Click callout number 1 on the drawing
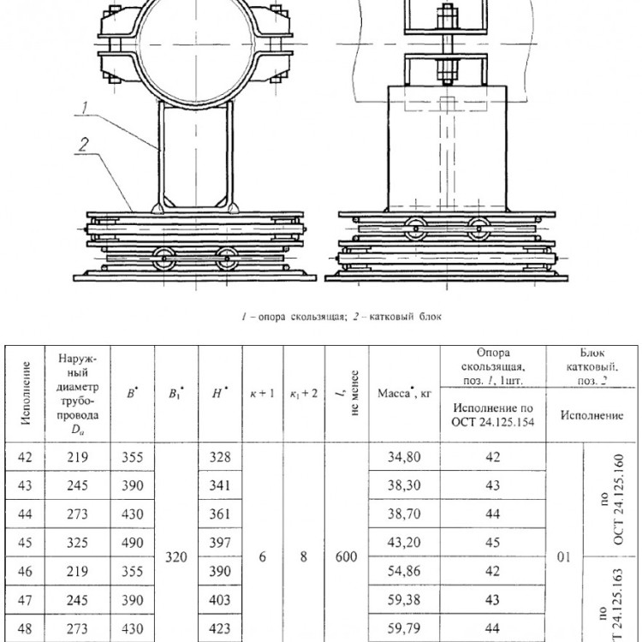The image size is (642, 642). (x=85, y=108)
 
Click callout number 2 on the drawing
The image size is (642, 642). (x=84, y=145)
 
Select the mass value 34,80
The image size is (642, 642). (x=404, y=456)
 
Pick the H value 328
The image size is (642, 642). (x=220, y=456)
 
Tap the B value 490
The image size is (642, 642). (x=132, y=543)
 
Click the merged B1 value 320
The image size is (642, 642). (x=176, y=557)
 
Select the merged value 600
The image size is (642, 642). (x=346, y=557)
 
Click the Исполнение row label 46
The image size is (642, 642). (x=25, y=571)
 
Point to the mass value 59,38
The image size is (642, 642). (x=404, y=600)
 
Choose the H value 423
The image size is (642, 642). (x=220, y=628)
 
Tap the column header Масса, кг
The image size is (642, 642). (x=404, y=394)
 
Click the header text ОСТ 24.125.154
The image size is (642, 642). (x=492, y=422)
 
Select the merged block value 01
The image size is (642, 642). (x=564, y=557)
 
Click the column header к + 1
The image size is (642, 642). (x=263, y=394)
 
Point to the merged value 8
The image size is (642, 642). (x=303, y=557)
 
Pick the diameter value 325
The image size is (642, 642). (x=77, y=543)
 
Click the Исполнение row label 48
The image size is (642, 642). (x=25, y=628)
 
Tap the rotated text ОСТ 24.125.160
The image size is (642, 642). (x=618, y=500)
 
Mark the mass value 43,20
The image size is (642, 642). (x=404, y=543)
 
